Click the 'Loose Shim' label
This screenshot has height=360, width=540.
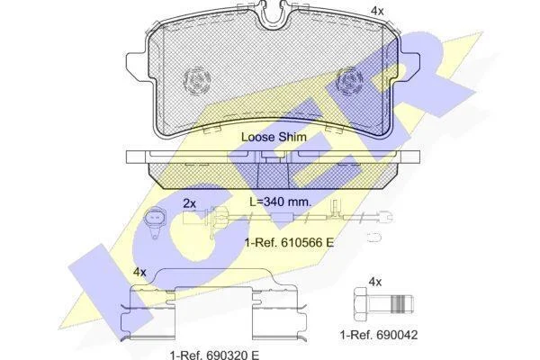[x=274, y=137]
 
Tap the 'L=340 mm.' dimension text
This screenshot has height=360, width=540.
[x=280, y=202]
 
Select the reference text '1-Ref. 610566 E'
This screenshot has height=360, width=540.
[x=289, y=242]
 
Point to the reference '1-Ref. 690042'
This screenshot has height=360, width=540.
[x=379, y=335]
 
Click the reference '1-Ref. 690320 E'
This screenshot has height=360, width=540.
[x=214, y=355]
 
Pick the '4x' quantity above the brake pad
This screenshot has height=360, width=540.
[x=377, y=12]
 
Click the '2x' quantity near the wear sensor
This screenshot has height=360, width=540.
[x=189, y=204]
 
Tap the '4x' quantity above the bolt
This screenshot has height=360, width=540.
[x=375, y=282]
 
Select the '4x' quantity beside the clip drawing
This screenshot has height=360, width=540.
[x=139, y=273]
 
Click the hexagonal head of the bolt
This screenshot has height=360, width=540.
[x=361, y=304]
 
